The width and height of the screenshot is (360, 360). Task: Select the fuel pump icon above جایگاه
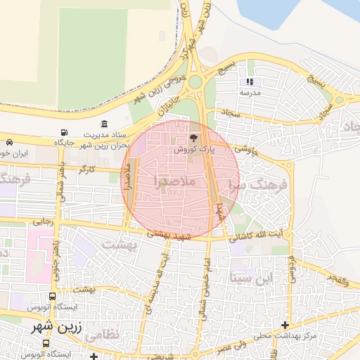tap(65, 133)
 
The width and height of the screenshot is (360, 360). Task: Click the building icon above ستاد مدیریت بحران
tap(105, 124)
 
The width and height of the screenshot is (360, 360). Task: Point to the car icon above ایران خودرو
tap(8, 141)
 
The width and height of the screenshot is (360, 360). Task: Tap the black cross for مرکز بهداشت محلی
tap(285, 325)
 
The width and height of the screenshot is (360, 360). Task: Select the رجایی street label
tap(43, 221)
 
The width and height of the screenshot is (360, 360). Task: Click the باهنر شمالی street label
tap(62, 182)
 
